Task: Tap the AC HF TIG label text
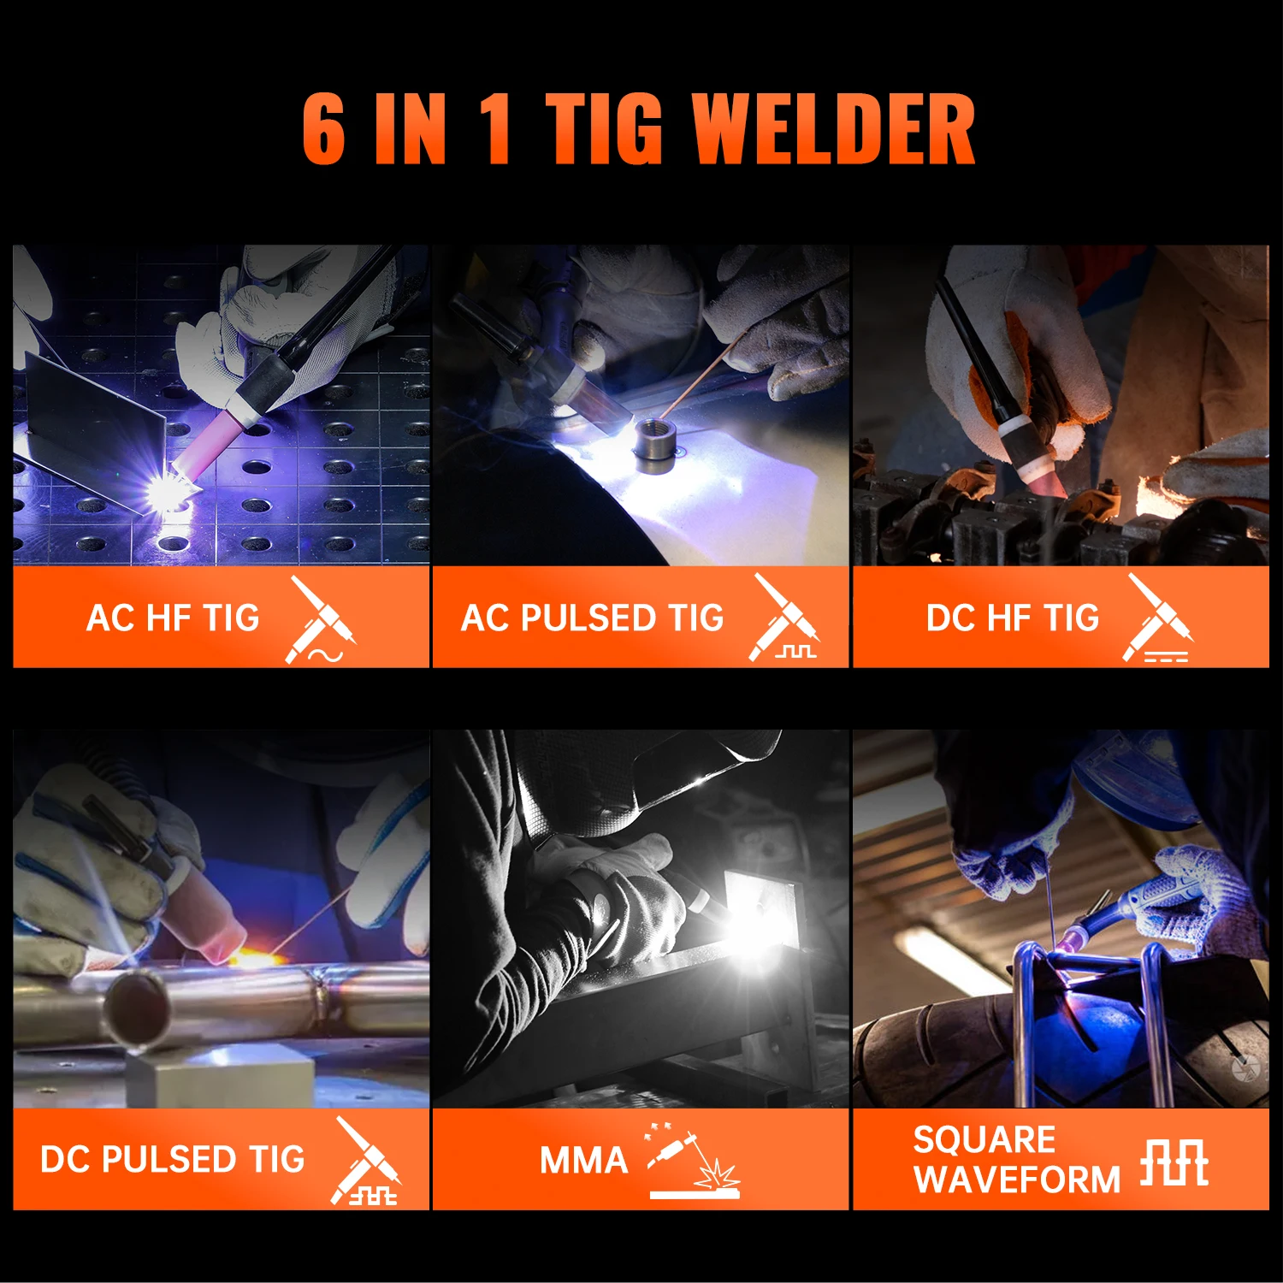[173, 618]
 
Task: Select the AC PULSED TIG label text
[592, 618]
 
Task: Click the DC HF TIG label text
[1012, 618]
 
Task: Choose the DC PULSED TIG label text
[173, 1159]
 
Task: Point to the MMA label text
[584, 1161]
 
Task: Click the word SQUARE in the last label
[984, 1139]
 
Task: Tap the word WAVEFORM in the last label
[1016, 1180]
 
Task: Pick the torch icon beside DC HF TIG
[1158, 618]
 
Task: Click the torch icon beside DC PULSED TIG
[366, 1161]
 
